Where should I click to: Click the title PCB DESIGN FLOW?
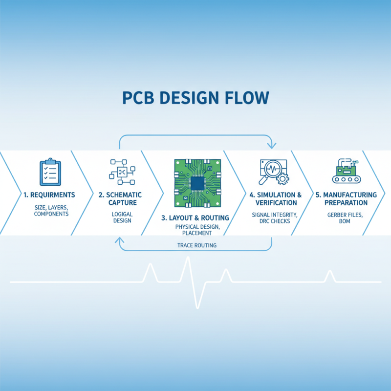tap(195, 97)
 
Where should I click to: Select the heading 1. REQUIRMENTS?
tap(49, 195)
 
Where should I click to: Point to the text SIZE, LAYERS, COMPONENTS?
tap(51, 211)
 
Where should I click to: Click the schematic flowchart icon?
tap(121, 172)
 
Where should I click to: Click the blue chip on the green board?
tap(197, 183)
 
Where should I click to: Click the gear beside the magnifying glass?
tap(282, 179)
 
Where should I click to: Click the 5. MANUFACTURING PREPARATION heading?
tap(350, 199)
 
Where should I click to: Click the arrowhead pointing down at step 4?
tap(272, 145)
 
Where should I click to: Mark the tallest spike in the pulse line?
tap(187, 259)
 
